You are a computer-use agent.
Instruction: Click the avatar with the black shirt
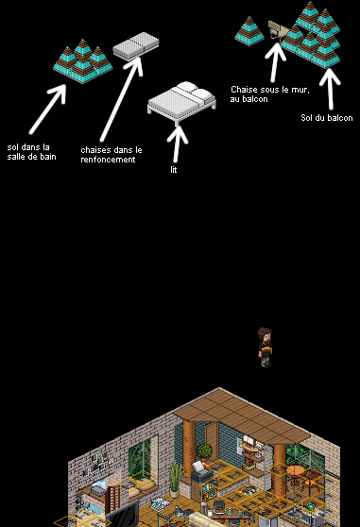(x=265, y=348)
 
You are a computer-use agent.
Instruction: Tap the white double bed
(x=181, y=100)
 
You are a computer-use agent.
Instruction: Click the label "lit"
(x=174, y=170)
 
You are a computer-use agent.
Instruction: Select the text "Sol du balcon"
(x=327, y=118)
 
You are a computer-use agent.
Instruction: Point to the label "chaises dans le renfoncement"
(x=111, y=155)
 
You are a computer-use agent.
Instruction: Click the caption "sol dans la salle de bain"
(x=31, y=152)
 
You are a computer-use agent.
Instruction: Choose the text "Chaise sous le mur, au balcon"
(x=270, y=94)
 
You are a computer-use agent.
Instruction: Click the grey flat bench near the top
(x=136, y=46)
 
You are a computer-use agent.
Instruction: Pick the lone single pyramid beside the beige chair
(x=249, y=31)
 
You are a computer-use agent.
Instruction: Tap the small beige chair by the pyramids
(x=277, y=29)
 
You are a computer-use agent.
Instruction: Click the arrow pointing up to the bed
(x=177, y=144)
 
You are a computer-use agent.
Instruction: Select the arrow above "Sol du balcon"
(x=330, y=89)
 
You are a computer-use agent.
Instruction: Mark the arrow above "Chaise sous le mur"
(x=275, y=61)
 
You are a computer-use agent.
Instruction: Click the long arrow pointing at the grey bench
(x=121, y=100)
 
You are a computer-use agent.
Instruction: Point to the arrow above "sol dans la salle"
(x=47, y=110)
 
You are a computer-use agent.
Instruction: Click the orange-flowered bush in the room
(x=204, y=452)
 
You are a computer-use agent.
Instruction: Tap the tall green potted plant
(x=175, y=479)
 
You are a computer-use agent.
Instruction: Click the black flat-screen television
(x=122, y=514)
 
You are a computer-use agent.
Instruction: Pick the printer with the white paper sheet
(x=201, y=472)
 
